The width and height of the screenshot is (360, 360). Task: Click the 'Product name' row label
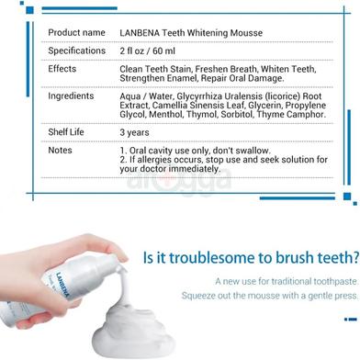(x=76, y=32)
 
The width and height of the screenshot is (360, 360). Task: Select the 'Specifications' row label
(x=77, y=51)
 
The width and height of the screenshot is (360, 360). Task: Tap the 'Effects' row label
(x=62, y=69)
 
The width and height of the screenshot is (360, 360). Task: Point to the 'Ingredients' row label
(x=71, y=96)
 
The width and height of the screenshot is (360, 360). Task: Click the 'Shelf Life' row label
(x=66, y=132)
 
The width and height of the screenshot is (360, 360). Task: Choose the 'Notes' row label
(x=60, y=150)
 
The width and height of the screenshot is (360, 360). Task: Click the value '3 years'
(x=134, y=132)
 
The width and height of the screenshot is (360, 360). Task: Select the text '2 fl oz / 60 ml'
(x=147, y=51)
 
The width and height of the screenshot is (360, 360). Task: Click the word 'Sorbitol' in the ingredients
(x=237, y=115)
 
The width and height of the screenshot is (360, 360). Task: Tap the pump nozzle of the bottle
(x=118, y=261)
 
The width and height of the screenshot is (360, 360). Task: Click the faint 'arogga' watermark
(x=179, y=181)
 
